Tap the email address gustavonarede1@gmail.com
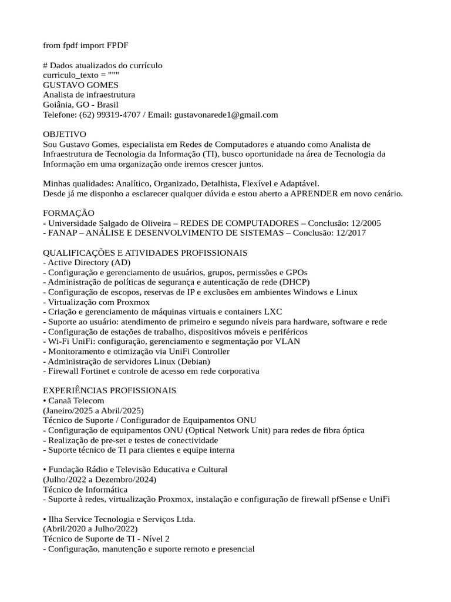pyautogui.click(x=226, y=115)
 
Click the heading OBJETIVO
pyautogui.click(x=65, y=135)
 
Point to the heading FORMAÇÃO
pyautogui.click(x=69, y=213)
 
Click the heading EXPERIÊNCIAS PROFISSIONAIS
pyautogui.click(x=110, y=391)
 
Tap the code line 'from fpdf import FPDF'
pyautogui.click(x=85, y=45)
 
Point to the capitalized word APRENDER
pyautogui.click(x=316, y=194)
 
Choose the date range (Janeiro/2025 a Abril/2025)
pyautogui.click(x=93, y=410)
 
